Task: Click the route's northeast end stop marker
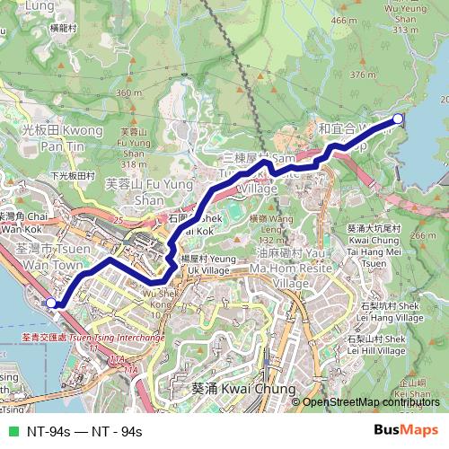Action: (399, 119)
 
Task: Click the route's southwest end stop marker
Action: (51, 304)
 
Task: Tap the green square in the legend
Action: (12, 432)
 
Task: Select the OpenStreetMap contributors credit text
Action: (372, 402)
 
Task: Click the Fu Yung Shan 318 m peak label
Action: (134, 148)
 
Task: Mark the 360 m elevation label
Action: (130, 92)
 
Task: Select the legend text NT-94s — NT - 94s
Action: (84, 432)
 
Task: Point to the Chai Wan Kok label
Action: (25, 223)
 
